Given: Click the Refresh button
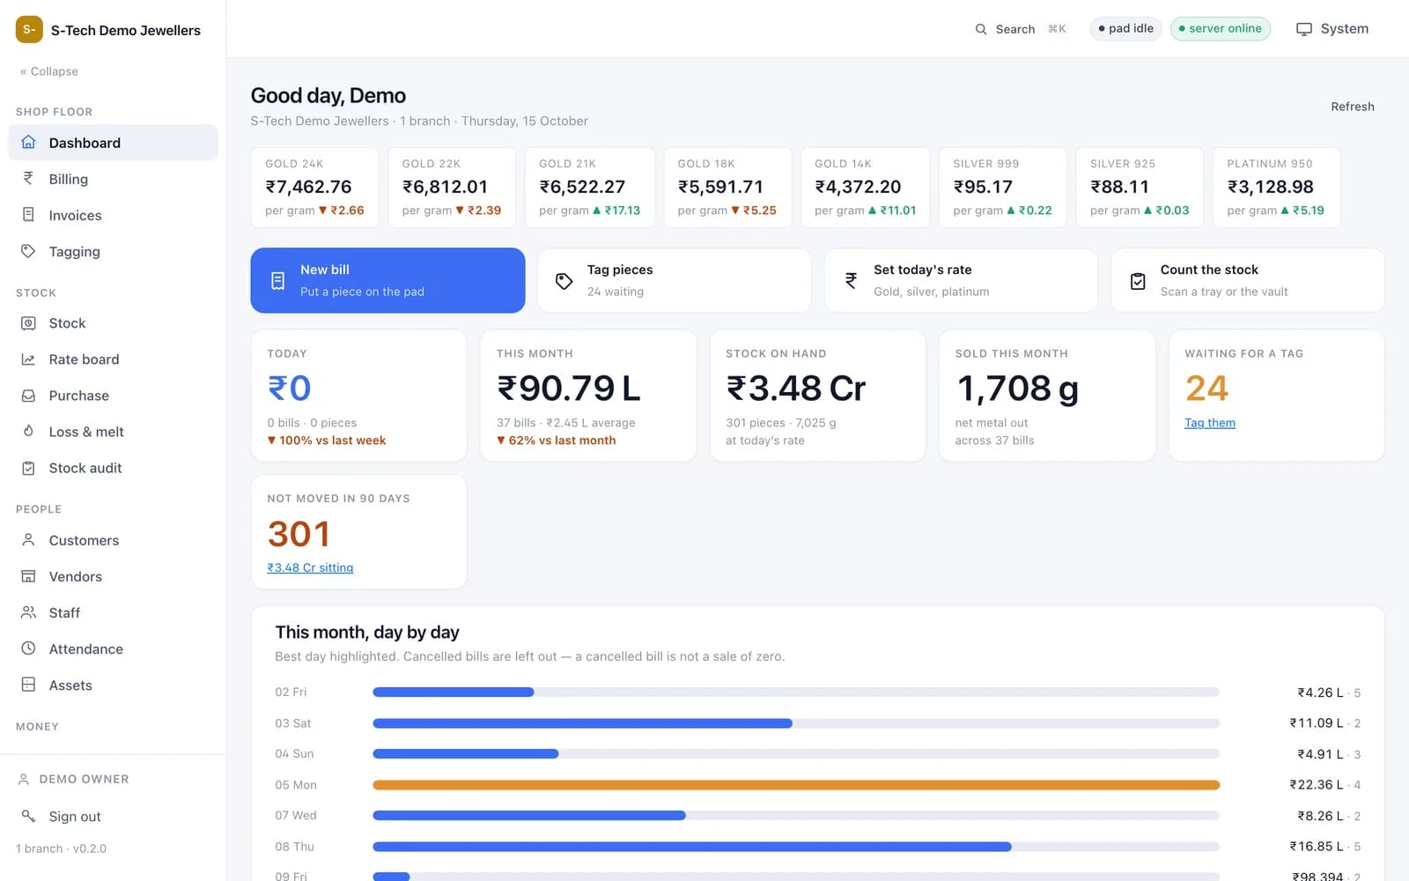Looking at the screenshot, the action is (x=1353, y=107).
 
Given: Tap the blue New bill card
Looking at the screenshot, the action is (x=387, y=280).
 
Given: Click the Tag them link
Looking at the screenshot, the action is (x=1210, y=422).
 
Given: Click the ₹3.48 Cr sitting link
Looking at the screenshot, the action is (x=310, y=567).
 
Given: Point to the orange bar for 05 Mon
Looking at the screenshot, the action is (x=796, y=785).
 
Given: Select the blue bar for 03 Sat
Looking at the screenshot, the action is (x=582, y=723).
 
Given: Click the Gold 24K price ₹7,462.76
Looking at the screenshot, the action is (x=308, y=187).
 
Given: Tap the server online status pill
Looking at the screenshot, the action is (x=1221, y=28).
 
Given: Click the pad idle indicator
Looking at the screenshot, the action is (x=1125, y=28).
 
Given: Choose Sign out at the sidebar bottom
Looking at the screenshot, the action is (x=74, y=816).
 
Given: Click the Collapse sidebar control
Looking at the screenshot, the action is (x=49, y=71).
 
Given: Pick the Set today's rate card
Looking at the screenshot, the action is (x=961, y=280).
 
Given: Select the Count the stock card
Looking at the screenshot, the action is (x=1248, y=280).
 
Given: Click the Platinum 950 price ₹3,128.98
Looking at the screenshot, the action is (x=1271, y=187).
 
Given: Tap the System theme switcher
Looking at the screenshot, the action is (x=1332, y=29).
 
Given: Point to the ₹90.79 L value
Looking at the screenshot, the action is (x=569, y=388).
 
